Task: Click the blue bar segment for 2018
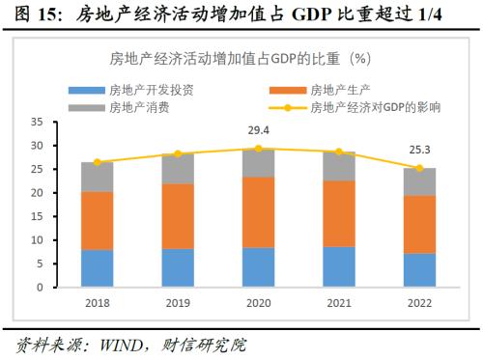coord(97,268)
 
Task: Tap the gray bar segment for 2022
coord(419,181)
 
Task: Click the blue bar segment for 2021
coord(338,266)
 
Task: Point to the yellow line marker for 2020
coord(258,149)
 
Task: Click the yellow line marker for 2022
coord(419,168)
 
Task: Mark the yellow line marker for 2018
coord(97,162)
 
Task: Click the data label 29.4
coord(258,130)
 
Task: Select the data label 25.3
coord(419,150)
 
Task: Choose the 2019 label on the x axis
coord(177,302)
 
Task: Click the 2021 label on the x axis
coord(338,302)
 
